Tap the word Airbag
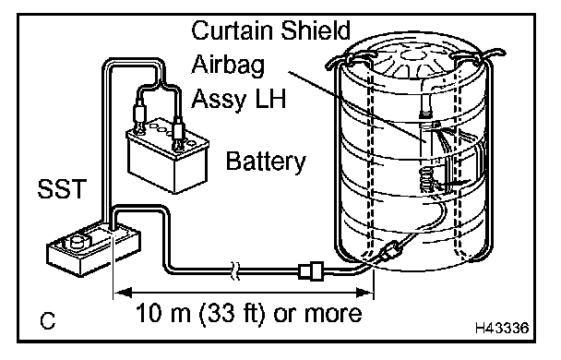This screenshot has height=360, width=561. click(228, 66)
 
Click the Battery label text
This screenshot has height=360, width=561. click(266, 162)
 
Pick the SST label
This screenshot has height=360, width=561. click(62, 188)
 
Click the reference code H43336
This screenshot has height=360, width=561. click(502, 328)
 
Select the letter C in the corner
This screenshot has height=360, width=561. click(48, 321)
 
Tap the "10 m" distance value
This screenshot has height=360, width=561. click(163, 313)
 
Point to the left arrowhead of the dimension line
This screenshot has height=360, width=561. click(123, 293)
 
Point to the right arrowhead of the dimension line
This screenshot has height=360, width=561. click(365, 293)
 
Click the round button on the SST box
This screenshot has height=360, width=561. click(78, 241)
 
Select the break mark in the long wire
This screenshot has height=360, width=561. click(234, 270)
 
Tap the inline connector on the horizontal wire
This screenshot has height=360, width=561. click(311, 270)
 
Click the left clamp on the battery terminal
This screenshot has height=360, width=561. click(138, 116)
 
